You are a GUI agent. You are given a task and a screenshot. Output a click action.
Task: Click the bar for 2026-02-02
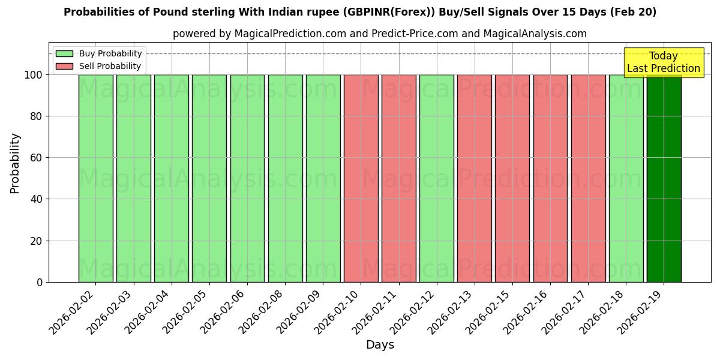pyautogui.click(x=95, y=178)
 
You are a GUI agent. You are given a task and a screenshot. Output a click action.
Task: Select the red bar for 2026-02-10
pyautogui.click(x=361, y=178)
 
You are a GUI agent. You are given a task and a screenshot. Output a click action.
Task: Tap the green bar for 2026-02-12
pyautogui.click(x=436, y=178)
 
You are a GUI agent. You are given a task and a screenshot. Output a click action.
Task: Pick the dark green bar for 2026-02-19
pyautogui.click(x=664, y=178)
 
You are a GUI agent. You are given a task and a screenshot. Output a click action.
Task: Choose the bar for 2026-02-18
pyautogui.click(x=626, y=178)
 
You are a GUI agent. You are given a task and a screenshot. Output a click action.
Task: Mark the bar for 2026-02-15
pyautogui.click(x=512, y=178)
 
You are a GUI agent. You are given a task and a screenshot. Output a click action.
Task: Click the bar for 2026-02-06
pyautogui.click(x=247, y=178)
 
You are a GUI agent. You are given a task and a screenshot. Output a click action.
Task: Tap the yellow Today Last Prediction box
pyautogui.click(x=664, y=62)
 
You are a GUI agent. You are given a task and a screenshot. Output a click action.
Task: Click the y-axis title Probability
pyautogui.click(x=15, y=163)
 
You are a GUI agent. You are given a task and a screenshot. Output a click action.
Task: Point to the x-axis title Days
pyautogui.click(x=380, y=345)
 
